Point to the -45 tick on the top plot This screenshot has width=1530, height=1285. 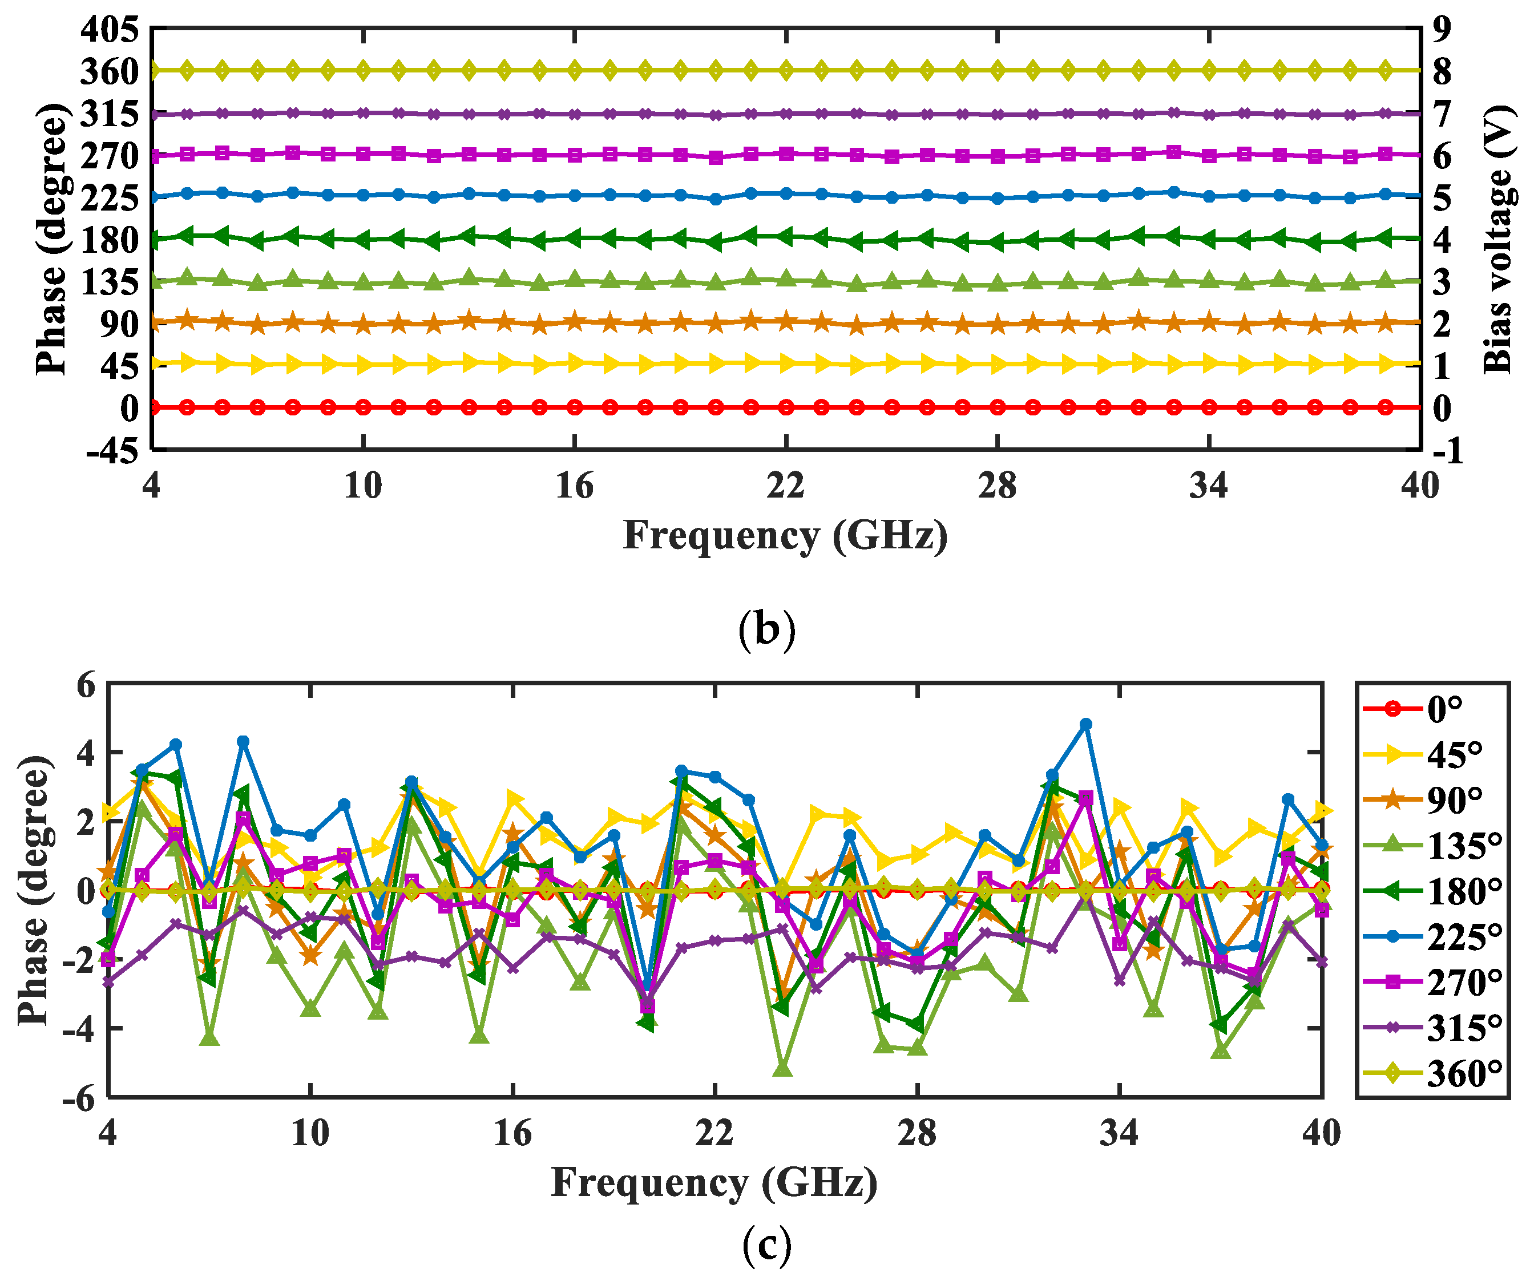112,452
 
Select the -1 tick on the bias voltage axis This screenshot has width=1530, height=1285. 1447,452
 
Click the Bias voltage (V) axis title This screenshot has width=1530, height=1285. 1498,240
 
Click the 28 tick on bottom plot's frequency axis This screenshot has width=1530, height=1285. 917,1133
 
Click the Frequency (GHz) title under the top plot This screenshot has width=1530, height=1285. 785,535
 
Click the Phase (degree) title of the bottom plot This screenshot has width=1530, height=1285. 35,890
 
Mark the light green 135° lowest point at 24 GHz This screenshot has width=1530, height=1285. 782,1069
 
